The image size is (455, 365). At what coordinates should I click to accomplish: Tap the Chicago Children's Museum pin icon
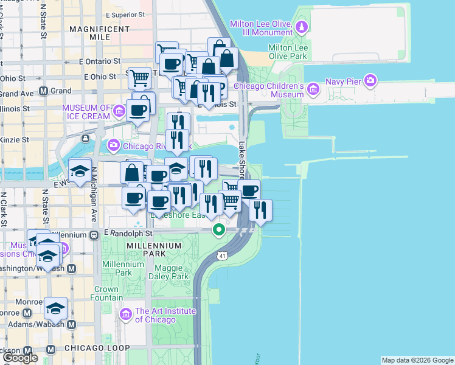point(313,90)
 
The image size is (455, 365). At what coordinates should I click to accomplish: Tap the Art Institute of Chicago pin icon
point(126,315)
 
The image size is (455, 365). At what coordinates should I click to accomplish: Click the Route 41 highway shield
point(223,252)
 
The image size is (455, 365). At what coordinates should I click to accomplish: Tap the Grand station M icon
point(43,91)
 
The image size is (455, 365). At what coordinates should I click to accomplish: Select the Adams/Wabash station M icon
point(71,324)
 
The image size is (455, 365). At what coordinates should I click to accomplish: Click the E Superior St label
point(125,13)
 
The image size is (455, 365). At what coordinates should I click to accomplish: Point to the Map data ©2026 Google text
point(417,360)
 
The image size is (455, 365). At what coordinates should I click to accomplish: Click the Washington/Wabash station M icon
point(71,268)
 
